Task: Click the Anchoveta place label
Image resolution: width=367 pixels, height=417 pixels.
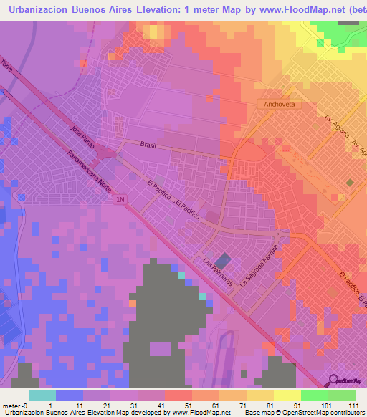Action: click(276, 105)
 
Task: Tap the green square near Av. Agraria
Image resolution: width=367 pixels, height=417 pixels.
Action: click(350, 183)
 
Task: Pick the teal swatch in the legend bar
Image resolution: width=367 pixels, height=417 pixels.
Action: click(42, 395)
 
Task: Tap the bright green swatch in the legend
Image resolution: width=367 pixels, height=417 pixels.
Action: click(314, 395)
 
